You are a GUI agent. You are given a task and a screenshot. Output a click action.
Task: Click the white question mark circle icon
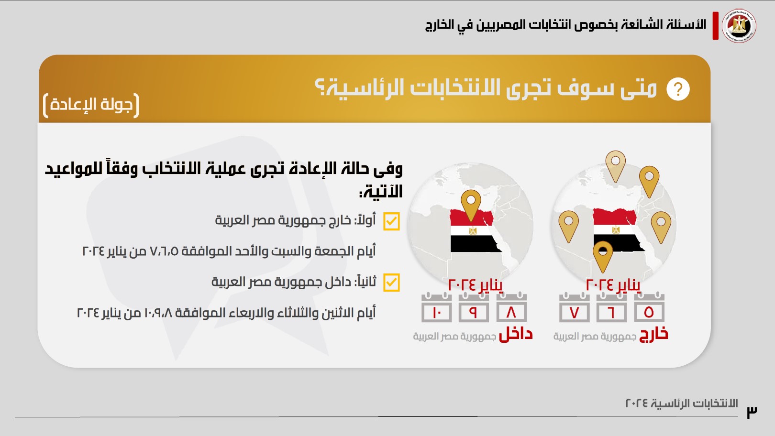click(x=678, y=89)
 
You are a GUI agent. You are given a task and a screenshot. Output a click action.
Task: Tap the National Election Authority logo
click(x=739, y=26)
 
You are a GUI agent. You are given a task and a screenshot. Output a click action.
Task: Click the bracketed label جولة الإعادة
click(x=91, y=105)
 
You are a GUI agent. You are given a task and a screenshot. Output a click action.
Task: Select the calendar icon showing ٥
click(x=649, y=307)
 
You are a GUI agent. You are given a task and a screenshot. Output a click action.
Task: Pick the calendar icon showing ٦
click(x=611, y=307)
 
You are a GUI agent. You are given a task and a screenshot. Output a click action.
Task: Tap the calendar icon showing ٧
click(x=575, y=307)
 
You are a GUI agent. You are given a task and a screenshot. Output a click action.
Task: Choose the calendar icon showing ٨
click(x=511, y=307)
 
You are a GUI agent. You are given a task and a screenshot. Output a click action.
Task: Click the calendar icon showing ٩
click(x=474, y=307)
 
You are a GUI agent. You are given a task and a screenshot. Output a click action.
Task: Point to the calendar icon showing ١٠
click(x=437, y=307)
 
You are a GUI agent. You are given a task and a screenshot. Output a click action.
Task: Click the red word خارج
click(x=653, y=334)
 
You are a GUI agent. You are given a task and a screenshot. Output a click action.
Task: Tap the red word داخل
click(x=516, y=334)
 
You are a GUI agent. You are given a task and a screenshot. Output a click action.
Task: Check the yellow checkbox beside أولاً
click(x=391, y=221)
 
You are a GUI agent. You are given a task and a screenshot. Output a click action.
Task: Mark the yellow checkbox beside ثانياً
click(x=391, y=283)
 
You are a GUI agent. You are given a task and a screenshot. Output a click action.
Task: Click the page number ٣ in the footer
click(x=752, y=412)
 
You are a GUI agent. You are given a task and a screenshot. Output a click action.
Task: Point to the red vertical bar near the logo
click(x=716, y=26)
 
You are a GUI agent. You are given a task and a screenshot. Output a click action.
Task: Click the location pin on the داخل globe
click(x=471, y=204)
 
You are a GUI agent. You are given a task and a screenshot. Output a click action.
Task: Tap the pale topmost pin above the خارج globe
click(x=616, y=165)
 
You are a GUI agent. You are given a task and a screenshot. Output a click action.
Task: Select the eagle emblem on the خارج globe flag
click(x=616, y=229)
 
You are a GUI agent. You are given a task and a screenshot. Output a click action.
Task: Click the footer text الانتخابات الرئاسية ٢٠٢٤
click(x=682, y=403)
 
